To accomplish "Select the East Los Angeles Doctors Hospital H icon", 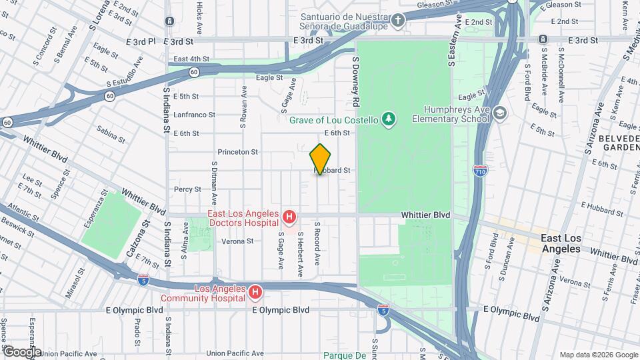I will click(x=289, y=217).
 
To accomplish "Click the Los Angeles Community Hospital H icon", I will click(x=255, y=293).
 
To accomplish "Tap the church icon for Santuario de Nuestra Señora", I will click(x=397, y=21).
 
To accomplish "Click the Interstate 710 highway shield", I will click(x=480, y=170).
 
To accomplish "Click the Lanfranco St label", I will click(x=194, y=115).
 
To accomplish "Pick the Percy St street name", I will click(x=183, y=189).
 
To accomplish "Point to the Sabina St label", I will click(x=111, y=134).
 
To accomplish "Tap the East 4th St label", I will click(x=191, y=59).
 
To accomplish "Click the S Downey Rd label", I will click(x=357, y=81).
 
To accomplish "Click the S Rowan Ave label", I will click(x=244, y=107).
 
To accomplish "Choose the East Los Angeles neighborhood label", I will click(x=561, y=243).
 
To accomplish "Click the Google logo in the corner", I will click(x=21, y=352).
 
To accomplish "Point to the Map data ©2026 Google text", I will click(x=597, y=355).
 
